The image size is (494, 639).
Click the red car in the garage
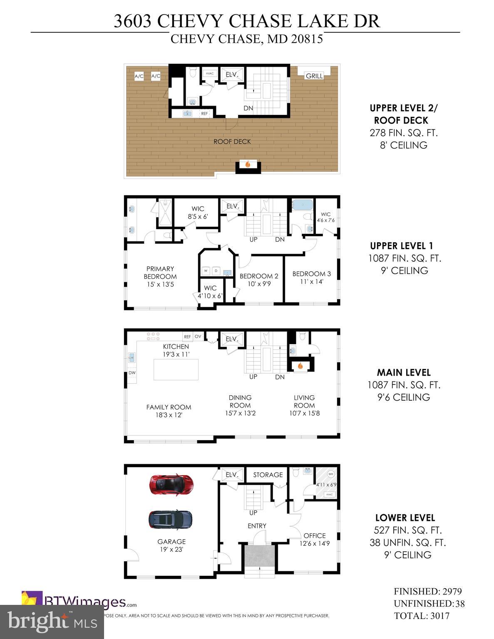pos(171,484)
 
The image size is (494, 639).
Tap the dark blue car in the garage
pos(171,520)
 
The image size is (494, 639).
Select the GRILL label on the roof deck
pos(314,76)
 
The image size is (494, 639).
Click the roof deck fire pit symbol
pos(248,164)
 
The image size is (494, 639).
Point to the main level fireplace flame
pos(300,367)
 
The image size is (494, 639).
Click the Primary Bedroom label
pos(160,272)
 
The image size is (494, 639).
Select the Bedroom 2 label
pos(259,276)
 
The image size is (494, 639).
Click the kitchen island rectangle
pos(176,369)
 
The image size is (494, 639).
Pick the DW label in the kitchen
pos(132,373)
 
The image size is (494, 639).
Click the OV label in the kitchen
pos(198,337)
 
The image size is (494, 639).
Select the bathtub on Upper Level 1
pos(301,205)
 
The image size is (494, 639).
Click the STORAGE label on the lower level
pos(268,475)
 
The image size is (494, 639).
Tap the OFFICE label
pos(314,535)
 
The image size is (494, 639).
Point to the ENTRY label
pos(257,526)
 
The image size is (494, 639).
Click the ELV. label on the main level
pos(232,339)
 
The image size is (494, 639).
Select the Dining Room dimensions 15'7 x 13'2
pos(240,413)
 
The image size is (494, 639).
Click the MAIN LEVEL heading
pos(403,372)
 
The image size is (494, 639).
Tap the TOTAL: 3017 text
pos(422,616)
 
